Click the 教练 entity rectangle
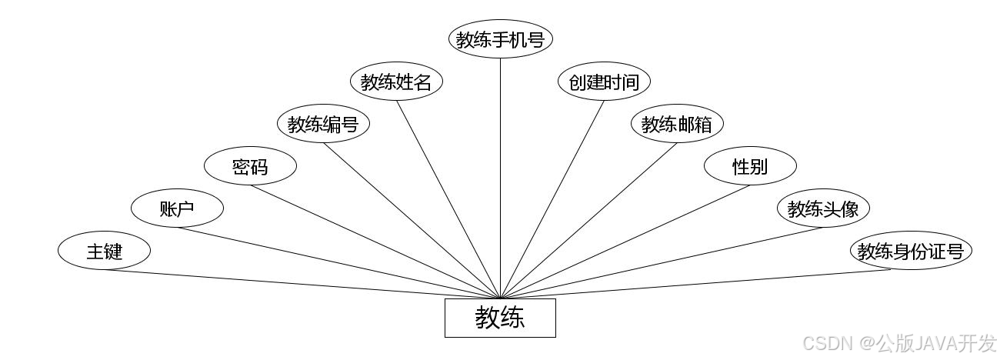(500, 318)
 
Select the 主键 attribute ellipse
(104, 251)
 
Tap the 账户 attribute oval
(177, 208)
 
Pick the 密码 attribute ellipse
(250, 166)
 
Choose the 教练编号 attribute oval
(323, 124)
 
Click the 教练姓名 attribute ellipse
(396, 82)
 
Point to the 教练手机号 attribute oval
(501, 39)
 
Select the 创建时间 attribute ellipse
(604, 82)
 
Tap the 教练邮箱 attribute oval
(677, 124)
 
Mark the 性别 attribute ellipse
(750, 166)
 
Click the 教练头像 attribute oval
(823, 208)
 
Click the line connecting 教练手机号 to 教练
(501, 177)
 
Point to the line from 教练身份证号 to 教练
(704, 284)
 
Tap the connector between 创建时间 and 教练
(552, 199)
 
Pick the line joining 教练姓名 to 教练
(448, 199)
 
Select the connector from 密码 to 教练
(375, 242)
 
